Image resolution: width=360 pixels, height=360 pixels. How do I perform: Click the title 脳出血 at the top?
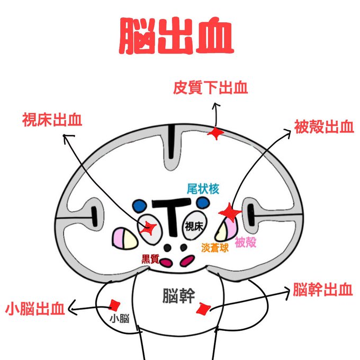[x=176, y=36]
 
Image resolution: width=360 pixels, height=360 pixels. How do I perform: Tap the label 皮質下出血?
[x=211, y=87]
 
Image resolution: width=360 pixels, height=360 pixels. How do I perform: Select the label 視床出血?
[x=52, y=120]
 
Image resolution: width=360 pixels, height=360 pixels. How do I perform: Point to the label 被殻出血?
[x=324, y=127]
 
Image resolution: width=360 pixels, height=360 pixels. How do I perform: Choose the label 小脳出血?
[x=35, y=309]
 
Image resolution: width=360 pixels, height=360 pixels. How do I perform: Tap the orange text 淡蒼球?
[x=215, y=247]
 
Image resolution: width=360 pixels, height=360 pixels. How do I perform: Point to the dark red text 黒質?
[x=150, y=258]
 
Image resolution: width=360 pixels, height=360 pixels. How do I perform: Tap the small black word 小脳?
[x=119, y=318]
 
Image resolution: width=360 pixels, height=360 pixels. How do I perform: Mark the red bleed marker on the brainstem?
[x=202, y=309]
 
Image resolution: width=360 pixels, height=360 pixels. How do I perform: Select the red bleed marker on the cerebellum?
[x=114, y=305]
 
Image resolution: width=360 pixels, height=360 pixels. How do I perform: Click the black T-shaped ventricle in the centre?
[x=171, y=214]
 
